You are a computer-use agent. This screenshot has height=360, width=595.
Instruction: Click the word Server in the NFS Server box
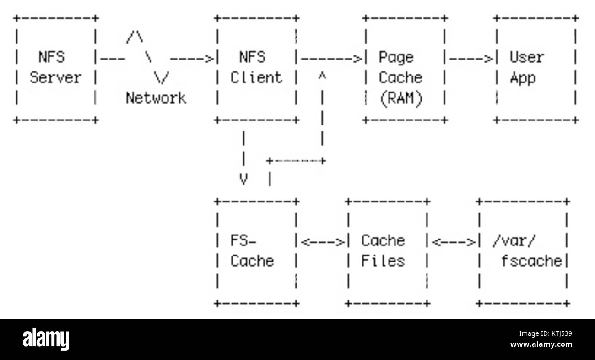[x=55, y=78]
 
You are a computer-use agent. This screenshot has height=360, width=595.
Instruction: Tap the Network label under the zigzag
[x=156, y=98]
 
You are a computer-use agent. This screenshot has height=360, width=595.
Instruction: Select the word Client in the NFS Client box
[x=256, y=78]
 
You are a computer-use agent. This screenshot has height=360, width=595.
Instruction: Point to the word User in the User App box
[x=526, y=58]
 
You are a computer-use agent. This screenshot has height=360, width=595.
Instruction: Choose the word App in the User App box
[x=522, y=78]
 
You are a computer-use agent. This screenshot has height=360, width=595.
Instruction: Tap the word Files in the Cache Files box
[x=383, y=261]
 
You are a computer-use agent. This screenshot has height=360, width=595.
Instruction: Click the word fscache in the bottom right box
[x=531, y=261]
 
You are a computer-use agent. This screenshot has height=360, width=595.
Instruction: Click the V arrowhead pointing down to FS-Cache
[x=244, y=179]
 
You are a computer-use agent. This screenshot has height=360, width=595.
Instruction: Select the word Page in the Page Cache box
[x=395, y=58]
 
